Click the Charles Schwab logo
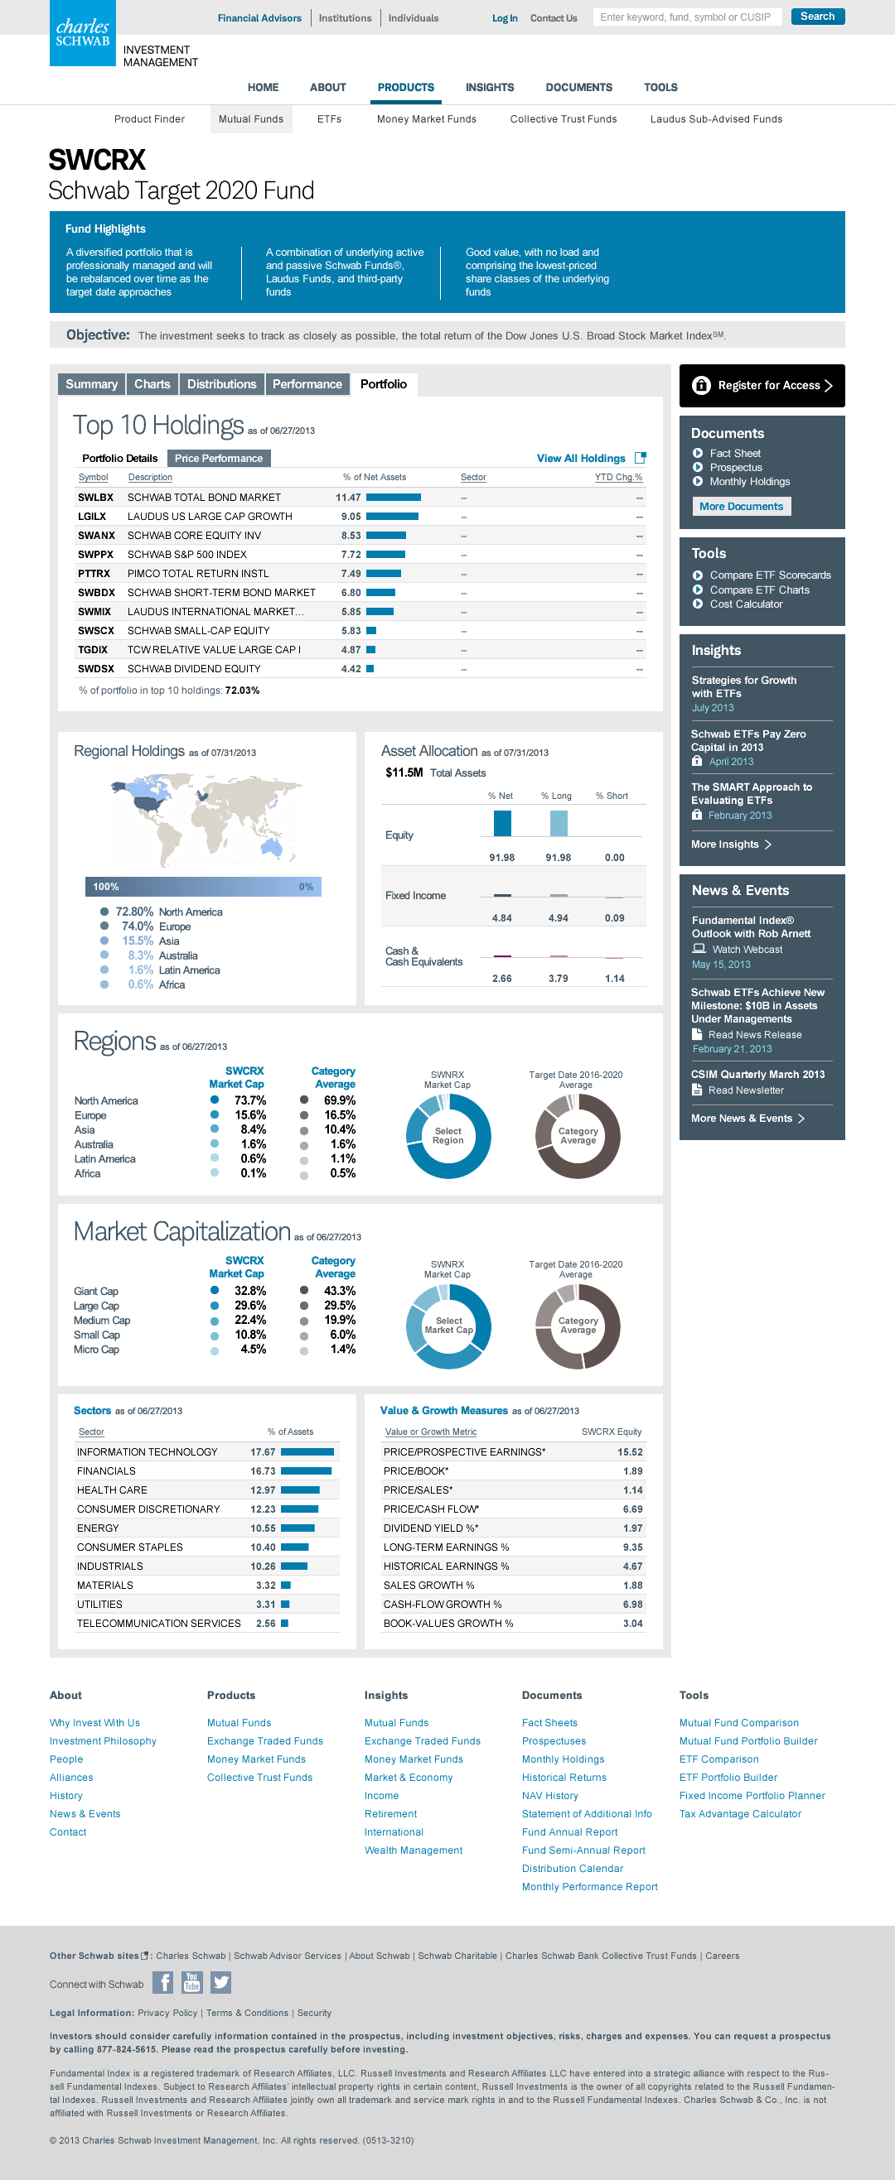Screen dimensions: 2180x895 (82, 33)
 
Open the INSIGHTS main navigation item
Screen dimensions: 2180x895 (490, 87)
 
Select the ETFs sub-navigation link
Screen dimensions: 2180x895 (328, 119)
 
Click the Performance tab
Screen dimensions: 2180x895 (307, 384)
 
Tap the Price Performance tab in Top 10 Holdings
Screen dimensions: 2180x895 (219, 459)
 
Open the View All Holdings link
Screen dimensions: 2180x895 (581, 459)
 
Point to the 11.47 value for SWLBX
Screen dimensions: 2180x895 (348, 498)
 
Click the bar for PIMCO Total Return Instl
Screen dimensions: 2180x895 (384, 574)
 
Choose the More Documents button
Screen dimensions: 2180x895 (741, 507)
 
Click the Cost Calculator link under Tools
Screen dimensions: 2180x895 (745, 604)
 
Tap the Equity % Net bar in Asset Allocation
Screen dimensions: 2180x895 (502, 824)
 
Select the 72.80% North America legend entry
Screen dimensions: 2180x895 (161, 912)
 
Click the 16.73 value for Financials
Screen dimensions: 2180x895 (263, 1471)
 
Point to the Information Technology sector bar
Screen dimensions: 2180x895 (307, 1452)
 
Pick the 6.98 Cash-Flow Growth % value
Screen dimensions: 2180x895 (631, 1605)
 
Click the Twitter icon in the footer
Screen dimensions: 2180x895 (221, 1983)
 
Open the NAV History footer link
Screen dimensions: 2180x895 (549, 1796)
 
